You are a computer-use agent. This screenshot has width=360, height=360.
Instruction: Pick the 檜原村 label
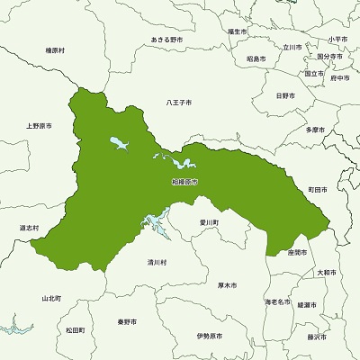(56, 51)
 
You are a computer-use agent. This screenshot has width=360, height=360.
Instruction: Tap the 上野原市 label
(40, 126)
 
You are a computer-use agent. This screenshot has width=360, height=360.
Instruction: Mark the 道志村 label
(30, 229)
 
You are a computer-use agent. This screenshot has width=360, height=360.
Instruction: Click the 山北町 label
(51, 297)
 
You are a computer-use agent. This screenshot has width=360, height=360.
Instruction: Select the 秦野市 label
(126, 321)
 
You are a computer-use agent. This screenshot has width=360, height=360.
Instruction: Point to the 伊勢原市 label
(208, 336)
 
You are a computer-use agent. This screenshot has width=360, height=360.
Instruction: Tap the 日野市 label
(284, 95)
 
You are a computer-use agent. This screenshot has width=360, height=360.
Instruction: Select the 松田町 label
(75, 330)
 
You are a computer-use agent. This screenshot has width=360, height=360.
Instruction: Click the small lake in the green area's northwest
(118, 142)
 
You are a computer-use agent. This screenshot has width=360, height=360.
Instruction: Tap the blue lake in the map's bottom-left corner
(18, 327)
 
